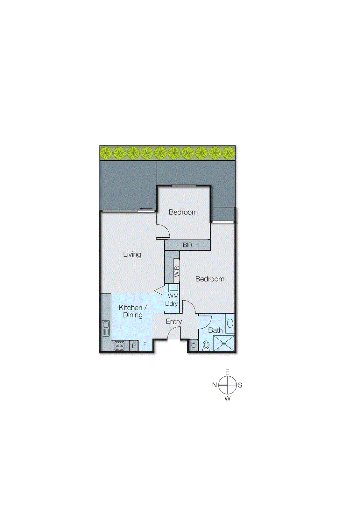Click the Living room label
coord(132,254)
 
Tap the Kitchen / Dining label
coord(132,311)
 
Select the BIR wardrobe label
coord(187,245)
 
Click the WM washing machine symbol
coord(173,288)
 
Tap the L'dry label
coord(171,304)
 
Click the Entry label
coord(174,322)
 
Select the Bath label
coord(215,331)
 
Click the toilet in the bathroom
coord(206,345)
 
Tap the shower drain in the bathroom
coord(224,343)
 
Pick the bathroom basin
coord(230,324)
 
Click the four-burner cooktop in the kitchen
coord(119,346)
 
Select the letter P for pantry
coord(134,346)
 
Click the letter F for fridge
coord(145,344)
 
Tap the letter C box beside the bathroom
coord(193,345)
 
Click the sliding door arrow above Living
coord(146,209)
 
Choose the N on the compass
coord(215,385)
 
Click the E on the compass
coord(227,372)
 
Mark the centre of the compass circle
coord(228,385)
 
